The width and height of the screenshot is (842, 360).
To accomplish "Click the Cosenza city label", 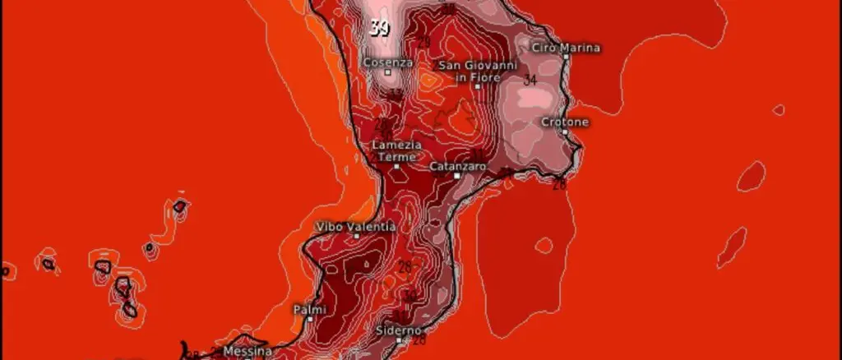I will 387,62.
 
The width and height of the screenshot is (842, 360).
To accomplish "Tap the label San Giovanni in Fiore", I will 477,71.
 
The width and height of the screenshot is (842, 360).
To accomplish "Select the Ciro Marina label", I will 566,48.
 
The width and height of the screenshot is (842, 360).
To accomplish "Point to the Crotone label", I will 565,122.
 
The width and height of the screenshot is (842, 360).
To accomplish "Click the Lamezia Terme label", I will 397,150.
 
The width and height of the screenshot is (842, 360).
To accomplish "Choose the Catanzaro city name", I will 458,166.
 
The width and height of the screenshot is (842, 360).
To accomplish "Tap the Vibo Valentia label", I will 356,226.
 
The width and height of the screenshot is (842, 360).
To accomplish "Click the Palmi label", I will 310,309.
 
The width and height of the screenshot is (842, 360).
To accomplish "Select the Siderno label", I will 399,330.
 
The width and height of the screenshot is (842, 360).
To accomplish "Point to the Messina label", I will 248,351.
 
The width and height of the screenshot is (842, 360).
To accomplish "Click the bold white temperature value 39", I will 379,30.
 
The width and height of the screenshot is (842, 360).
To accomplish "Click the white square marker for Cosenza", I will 388,72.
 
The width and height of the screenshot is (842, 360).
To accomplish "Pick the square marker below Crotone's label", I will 565,132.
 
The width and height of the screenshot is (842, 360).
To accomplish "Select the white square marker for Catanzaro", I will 457,175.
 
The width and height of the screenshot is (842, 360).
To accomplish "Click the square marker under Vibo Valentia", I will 356,236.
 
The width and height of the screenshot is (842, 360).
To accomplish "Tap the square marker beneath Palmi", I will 310,319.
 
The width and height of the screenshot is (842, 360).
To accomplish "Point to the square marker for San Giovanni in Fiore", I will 477,85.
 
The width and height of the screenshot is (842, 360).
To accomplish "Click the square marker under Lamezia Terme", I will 396,166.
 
